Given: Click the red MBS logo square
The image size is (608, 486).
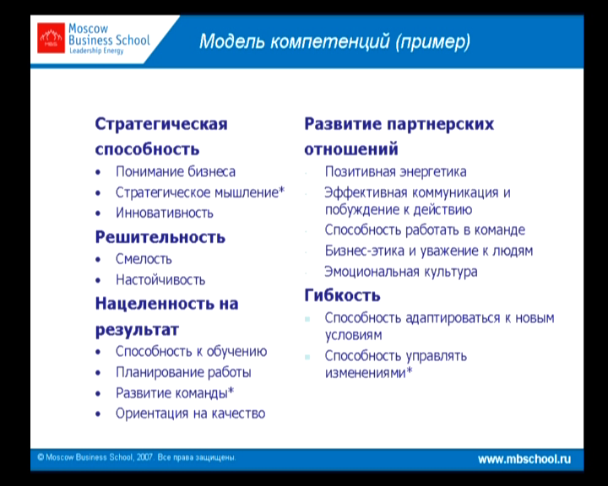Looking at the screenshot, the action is click(51, 38).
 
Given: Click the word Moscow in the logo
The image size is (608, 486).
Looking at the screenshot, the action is click(89, 29).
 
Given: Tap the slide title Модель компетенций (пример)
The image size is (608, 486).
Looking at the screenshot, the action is click(334, 41).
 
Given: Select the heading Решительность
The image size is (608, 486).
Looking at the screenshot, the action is click(160, 237).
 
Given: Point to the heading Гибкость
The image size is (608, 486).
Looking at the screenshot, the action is click(342, 295).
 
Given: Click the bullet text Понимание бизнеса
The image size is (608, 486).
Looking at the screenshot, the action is click(176, 171).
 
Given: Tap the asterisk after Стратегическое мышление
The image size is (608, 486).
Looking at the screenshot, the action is click(282, 190).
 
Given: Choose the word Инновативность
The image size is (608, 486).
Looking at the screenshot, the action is click(165, 213).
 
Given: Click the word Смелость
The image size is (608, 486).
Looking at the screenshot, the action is click(144, 259).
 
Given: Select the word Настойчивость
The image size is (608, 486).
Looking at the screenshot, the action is click(160, 280).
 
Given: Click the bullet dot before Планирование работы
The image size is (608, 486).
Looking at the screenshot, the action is click(98, 373).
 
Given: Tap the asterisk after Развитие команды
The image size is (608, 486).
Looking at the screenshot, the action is click(231, 391).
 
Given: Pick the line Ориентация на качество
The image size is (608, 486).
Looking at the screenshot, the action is click(190, 413).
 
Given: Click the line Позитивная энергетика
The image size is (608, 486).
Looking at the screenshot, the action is click(395, 171).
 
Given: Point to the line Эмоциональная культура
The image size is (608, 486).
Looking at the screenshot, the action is click(401, 272).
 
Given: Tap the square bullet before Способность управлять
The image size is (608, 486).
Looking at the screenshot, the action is click(307, 357).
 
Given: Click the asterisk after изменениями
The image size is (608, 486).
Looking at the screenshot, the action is click(409, 370).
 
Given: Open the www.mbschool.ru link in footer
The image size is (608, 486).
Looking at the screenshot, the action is click(524, 459).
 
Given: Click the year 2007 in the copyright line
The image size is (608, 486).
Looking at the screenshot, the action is click(144, 457).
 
